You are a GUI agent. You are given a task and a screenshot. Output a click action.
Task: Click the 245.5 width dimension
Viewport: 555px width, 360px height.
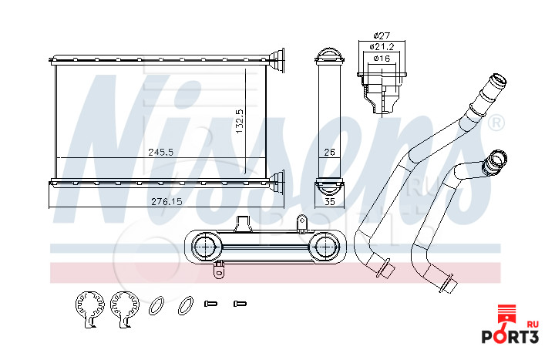click(x=160, y=152)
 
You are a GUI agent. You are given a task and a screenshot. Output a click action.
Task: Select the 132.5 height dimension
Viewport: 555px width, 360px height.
click(x=240, y=121)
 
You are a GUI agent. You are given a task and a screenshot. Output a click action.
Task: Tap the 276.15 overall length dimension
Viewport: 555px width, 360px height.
click(x=166, y=201)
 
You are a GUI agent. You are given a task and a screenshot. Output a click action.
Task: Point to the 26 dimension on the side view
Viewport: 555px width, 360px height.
click(x=329, y=152)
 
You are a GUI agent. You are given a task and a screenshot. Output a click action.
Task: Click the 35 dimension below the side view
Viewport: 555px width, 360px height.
click(x=330, y=201)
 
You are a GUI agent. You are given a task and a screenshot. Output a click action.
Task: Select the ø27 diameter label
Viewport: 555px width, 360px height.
click(x=382, y=35)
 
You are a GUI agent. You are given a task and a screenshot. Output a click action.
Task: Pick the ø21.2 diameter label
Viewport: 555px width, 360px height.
click(x=382, y=47)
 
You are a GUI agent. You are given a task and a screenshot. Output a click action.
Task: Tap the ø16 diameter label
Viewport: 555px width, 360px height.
click(x=382, y=58)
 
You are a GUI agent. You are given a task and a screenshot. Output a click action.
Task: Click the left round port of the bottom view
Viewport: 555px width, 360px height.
click(x=207, y=246)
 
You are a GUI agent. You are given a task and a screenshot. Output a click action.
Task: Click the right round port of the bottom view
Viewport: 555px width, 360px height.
click(x=324, y=246)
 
